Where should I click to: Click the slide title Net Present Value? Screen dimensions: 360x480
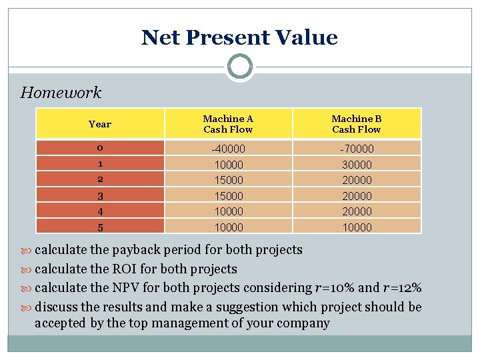(x=239, y=37)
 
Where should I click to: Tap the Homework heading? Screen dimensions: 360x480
(x=61, y=93)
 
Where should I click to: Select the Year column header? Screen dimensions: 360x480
(x=100, y=124)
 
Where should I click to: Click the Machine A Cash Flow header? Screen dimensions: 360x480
(x=228, y=124)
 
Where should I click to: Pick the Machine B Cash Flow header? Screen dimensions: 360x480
(x=357, y=124)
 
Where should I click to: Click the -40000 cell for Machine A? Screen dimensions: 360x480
(x=228, y=149)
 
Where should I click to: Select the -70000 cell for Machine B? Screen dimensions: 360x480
(x=357, y=149)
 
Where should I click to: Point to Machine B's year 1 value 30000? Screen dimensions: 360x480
(x=357, y=164)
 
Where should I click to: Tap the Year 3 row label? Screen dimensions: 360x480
(x=100, y=195)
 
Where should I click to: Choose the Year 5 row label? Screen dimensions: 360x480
(x=100, y=227)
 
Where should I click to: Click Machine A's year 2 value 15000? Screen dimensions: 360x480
(x=228, y=180)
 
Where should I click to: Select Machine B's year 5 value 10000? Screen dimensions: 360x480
(x=357, y=227)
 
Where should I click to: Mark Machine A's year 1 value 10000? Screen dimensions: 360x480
(x=228, y=164)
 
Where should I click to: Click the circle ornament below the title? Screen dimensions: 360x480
(x=239, y=67)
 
